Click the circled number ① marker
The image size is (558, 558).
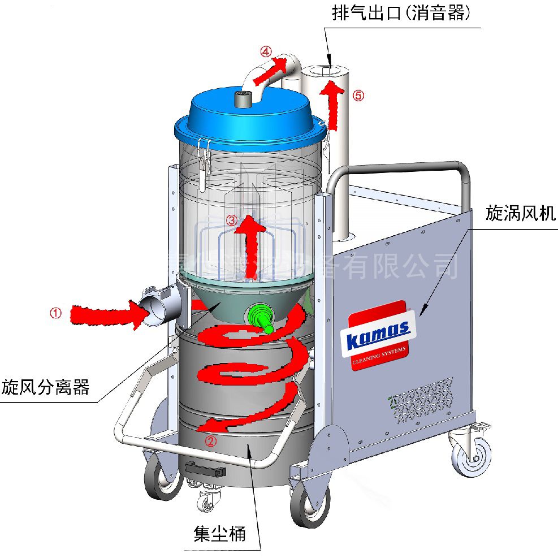pyautogui.click(x=55, y=313)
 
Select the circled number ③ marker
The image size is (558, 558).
pyautogui.click(x=231, y=220)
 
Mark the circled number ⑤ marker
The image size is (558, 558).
pyautogui.click(x=358, y=96)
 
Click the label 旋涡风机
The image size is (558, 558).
pyautogui.click(x=521, y=213)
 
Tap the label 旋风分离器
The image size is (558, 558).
pyautogui.click(x=45, y=388)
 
